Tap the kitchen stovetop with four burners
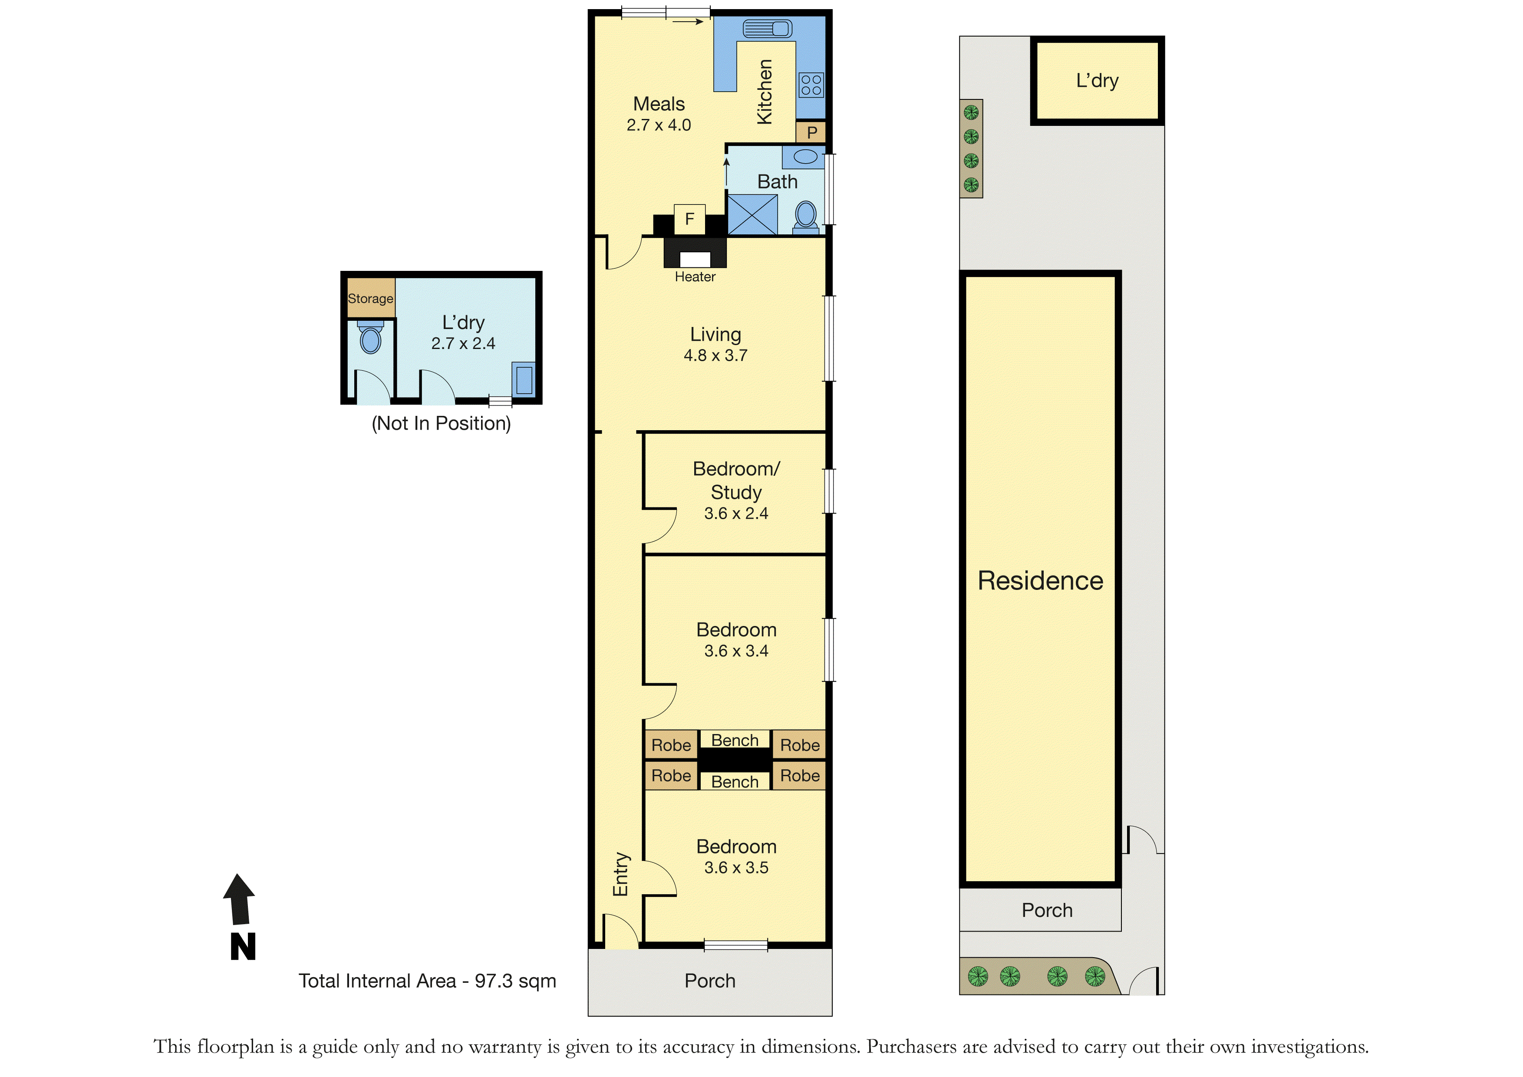click(811, 85)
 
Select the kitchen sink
click(768, 29)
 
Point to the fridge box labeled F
click(689, 219)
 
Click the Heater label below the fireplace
click(695, 277)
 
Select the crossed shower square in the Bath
click(752, 214)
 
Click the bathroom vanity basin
click(804, 157)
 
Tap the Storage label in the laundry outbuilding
click(370, 298)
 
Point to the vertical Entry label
click(621, 874)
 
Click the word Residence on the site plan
click(1040, 581)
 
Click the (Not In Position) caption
click(441, 423)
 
